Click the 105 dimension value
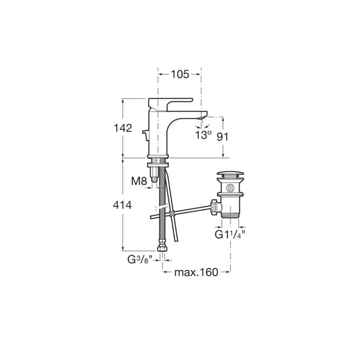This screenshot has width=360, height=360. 180,74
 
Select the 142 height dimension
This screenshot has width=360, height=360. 123,128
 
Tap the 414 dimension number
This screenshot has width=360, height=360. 122,205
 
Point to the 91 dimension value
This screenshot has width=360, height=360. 223,137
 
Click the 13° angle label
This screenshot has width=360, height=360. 203,135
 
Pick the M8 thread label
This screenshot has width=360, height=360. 139,181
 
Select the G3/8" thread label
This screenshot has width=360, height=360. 140,260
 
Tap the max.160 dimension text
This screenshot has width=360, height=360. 196,272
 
